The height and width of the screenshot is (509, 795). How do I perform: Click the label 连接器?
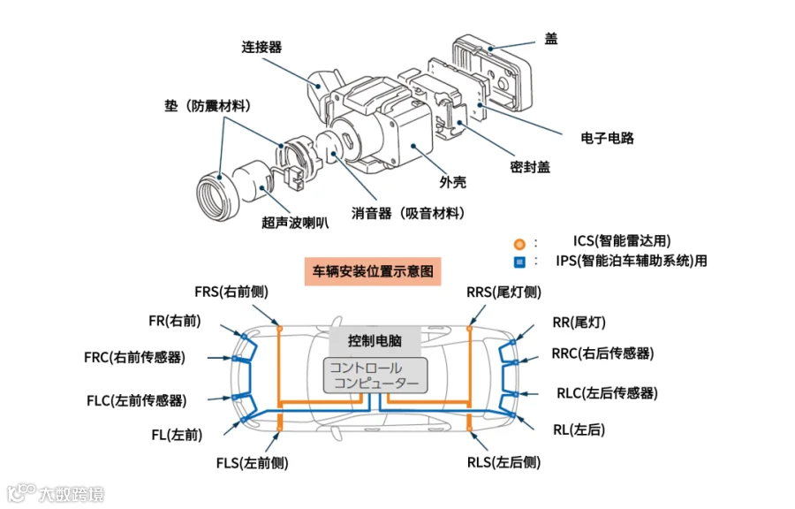point(261,47)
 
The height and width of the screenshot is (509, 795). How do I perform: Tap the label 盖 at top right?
point(551,39)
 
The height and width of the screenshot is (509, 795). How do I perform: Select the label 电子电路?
point(607,138)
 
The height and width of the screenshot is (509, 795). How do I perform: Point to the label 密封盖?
point(530,168)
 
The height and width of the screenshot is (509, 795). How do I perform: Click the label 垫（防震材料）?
point(208,106)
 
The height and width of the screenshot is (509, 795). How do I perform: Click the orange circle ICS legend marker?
point(519,243)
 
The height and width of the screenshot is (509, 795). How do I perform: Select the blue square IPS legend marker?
point(519,262)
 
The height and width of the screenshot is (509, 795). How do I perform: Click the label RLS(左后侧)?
point(503,461)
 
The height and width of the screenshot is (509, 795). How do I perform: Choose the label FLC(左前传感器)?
point(137,400)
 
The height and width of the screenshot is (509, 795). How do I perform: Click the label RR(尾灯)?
point(579,323)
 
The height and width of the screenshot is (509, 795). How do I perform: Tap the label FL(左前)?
point(177,435)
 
